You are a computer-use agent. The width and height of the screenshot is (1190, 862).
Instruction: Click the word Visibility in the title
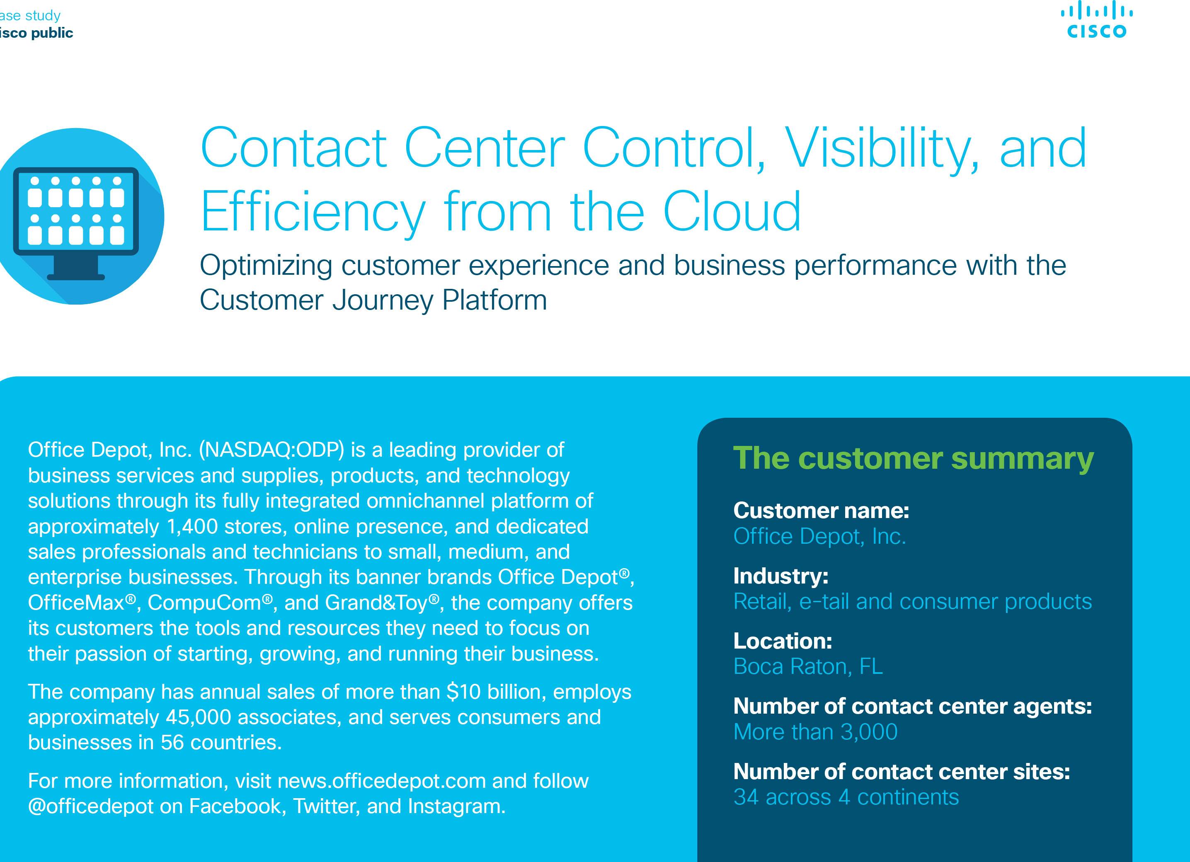coord(882,149)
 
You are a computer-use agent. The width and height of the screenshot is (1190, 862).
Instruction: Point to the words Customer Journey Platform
coord(373,300)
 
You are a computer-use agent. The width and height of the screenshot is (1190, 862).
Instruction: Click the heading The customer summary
coord(914,458)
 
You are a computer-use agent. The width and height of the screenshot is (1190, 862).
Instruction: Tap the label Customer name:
coord(821,511)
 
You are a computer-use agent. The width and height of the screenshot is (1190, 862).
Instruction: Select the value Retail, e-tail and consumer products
coord(912,601)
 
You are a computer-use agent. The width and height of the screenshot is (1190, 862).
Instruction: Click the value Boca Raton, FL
coord(808,666)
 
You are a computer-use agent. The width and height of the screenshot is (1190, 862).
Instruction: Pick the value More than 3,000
coord(815,732)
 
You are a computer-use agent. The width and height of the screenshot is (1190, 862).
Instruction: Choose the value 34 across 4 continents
coord(846,797)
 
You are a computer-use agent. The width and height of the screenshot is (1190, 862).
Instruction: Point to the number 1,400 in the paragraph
coord(192,526)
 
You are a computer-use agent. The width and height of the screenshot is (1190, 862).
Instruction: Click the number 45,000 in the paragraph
coord(198,717)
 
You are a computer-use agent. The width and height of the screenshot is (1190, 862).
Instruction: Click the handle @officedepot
coord(91,806)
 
